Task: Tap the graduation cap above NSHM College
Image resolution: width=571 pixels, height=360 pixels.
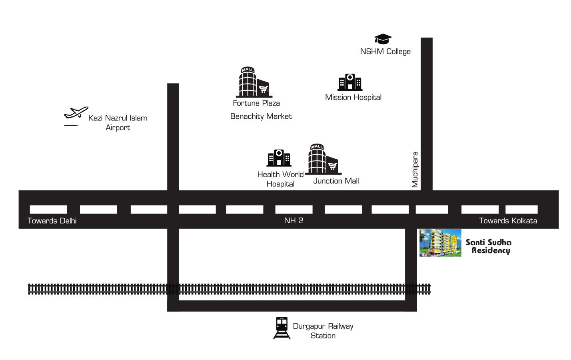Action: [x=383, y=39]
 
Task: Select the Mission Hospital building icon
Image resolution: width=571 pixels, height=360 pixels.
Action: [x=350, y=82]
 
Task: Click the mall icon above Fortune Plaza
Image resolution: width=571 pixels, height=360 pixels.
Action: [x=254, y=82]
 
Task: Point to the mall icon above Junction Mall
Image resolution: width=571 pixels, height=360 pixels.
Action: [x=323, y=159]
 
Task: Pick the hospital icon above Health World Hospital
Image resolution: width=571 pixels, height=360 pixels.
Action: [x=279, y=158]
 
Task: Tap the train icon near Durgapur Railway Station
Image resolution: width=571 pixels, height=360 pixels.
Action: [x=282, y=328]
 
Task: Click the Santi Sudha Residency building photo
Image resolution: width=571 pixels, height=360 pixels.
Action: [x=441, y=242]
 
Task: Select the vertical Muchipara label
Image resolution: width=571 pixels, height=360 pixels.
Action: [x=415, y=170]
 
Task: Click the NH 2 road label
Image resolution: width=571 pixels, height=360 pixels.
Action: [x=293, y=220]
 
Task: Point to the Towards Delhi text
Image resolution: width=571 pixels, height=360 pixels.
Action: [x=52, y=221]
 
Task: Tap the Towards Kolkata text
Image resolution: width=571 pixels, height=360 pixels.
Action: [x=508, y=221]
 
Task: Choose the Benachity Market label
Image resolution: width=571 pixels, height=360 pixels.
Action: [x=261, y=116]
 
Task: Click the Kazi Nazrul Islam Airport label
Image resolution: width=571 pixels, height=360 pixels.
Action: [x=118, y=123]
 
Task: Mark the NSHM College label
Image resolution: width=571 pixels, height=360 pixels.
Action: [x=385, y=52]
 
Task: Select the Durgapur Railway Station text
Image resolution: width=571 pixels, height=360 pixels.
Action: [x=323, y=331]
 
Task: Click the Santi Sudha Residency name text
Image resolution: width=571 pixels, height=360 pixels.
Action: [x=489, y=246]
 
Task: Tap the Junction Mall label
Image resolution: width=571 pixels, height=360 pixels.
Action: [x=336, y=181]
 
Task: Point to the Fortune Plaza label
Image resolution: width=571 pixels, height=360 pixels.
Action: [x=256, y=103]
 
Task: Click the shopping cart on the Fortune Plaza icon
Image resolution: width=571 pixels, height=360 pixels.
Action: [x=264, y=89]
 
